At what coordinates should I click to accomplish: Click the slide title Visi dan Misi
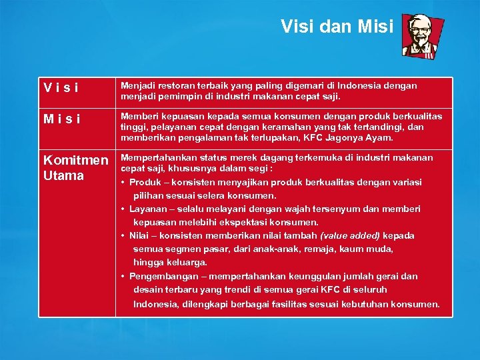click(x=337, y=26)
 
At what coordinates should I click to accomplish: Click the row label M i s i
click(x=62, y=119)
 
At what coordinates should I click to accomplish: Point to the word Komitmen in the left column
click(x=75, y=161)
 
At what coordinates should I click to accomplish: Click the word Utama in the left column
click(x=63, y=176)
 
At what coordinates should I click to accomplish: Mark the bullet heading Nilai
click(x=139, y=236)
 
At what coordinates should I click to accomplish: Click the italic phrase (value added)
click(x=351, y=236)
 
